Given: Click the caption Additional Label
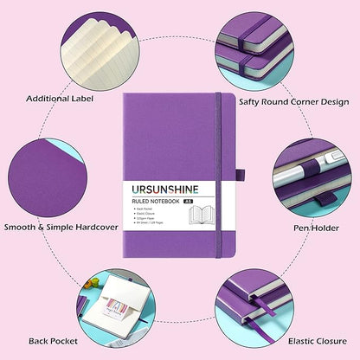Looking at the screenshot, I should point(60,98).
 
